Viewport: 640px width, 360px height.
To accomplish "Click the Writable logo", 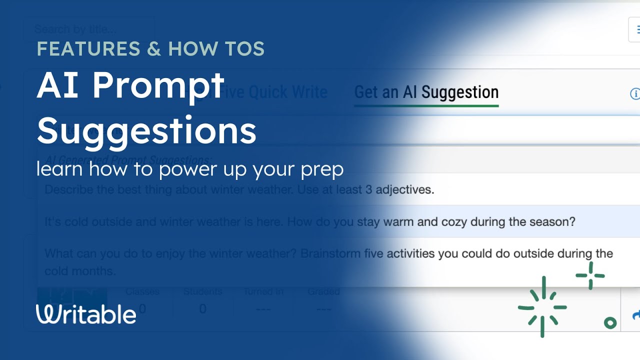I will pos(86,314).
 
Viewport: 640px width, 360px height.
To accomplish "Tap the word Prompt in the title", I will pos(158,85).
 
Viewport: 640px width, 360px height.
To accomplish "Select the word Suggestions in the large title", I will pos(146,131).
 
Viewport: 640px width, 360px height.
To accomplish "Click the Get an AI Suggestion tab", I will pos(426,92).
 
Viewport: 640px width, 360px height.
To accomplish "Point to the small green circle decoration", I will pos(610,323).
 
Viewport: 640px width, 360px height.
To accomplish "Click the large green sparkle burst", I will pos(542,306).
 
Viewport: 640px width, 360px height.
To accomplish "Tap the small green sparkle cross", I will pos(590,275).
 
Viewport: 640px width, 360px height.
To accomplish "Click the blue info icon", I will pos(635,94).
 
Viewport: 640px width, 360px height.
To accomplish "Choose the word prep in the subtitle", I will pos(322,169).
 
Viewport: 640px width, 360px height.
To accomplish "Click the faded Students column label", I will pos(202,291).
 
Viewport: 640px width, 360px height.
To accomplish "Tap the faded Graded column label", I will pos(323,291).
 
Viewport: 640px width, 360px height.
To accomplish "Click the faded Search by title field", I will pos(88,29).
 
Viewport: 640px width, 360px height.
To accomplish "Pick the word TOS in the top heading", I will pos(244,49).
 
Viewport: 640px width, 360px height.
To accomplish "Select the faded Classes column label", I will pos(142,291).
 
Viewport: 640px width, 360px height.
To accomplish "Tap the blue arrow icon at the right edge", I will pos(636,315).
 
